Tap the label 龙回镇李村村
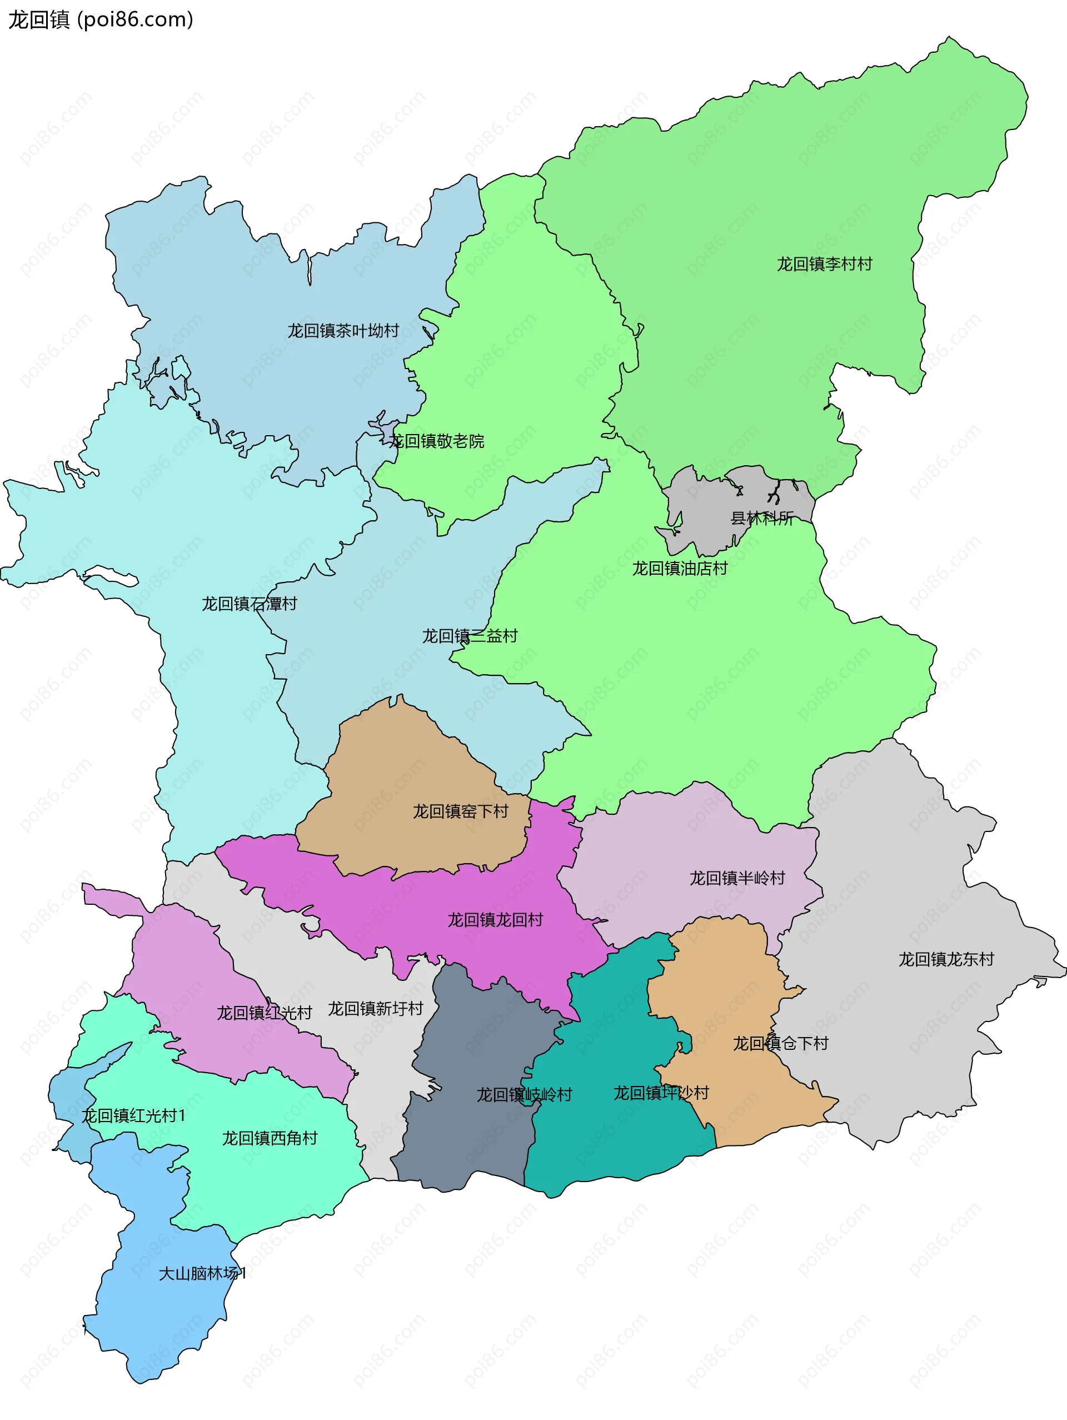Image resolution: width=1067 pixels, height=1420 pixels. [824, 265]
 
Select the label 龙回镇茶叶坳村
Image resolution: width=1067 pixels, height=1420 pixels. [343, 331]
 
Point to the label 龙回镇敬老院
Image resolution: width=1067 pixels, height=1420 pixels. [437, 442]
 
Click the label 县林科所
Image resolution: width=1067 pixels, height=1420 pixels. [762, 519]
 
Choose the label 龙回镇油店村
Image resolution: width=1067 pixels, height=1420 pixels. [680, 569]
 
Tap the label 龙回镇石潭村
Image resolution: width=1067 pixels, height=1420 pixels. [249, 604]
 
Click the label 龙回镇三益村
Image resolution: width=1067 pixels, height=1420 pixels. [469, 636]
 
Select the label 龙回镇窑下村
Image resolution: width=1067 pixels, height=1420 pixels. [460, 812]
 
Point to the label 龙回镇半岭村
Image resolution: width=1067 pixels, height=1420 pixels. [737, 878]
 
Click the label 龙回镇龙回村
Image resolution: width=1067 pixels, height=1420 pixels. [495, 920]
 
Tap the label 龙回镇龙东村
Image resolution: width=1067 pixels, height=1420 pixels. [946, 960]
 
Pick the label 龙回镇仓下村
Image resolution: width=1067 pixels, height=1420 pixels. [780, 1044]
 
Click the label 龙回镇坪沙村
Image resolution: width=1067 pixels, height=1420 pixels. [661, 1093]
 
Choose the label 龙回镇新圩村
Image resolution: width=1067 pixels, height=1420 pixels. [376, 1009]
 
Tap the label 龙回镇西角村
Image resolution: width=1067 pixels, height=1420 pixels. [270, 1139]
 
